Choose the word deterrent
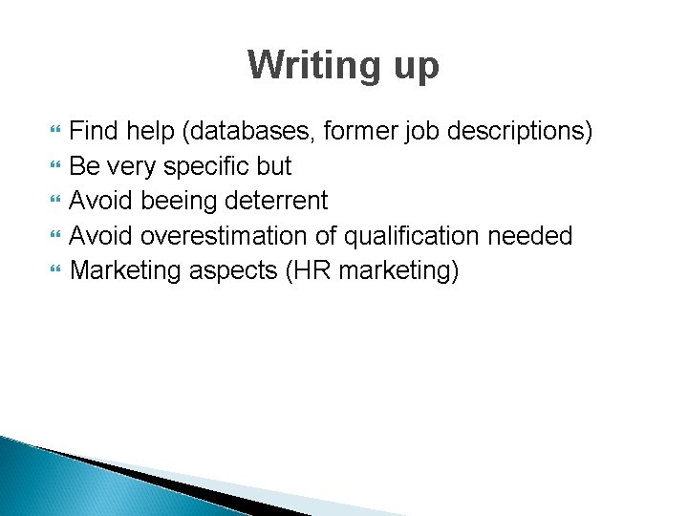pyautogui.click(x=281, y=201)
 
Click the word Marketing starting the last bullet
pyautogui.click(x=125, y=271)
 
